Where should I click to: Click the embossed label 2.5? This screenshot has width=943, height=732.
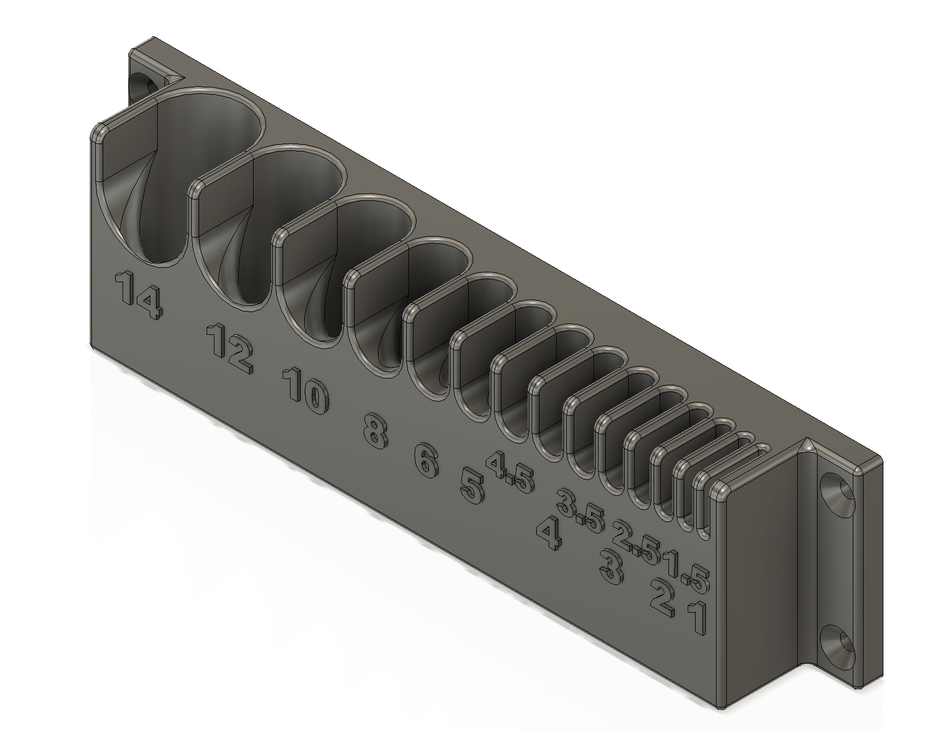pos(637,542)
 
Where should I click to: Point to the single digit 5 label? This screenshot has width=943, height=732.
pos(472,486)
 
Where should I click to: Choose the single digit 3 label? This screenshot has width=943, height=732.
pos(611,569)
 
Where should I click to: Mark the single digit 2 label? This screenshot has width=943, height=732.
pos(662,598)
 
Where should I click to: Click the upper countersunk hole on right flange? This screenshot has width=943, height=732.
pos(839,491)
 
